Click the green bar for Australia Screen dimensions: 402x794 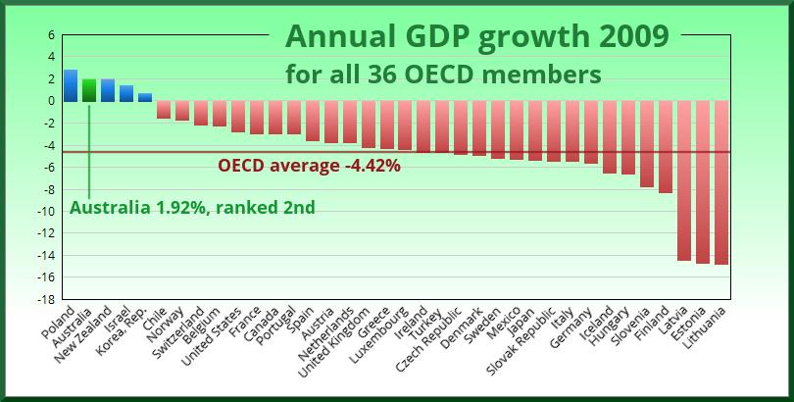tap(89, 90)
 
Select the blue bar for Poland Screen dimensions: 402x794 tap(71, 85)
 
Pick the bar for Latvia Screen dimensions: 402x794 tap(684, 180)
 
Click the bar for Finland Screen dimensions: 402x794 tap(666, 147)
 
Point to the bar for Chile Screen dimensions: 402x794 tap(164, 109)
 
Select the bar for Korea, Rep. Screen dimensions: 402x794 tap(145, 97)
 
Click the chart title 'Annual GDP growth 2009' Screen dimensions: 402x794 tap(477, 37)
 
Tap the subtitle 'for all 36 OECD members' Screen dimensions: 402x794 tap(443, 74)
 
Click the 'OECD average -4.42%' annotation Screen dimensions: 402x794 tap(309, 166)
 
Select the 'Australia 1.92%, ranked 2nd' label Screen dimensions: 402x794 tap(192, 208)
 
